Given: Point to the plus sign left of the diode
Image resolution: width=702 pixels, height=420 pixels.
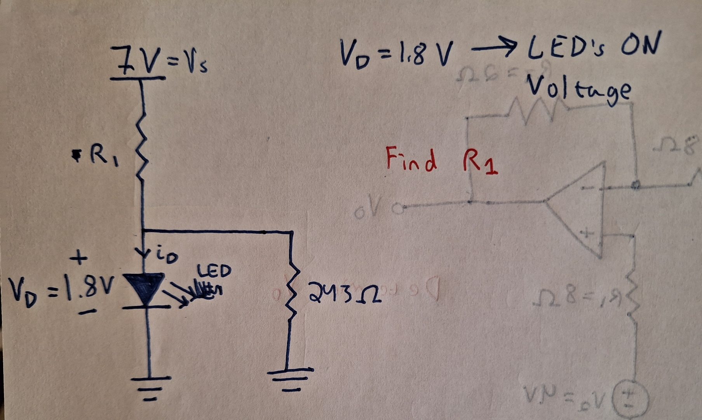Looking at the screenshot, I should coord(79,258).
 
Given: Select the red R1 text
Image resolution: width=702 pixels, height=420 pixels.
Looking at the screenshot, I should coord(479,162).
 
